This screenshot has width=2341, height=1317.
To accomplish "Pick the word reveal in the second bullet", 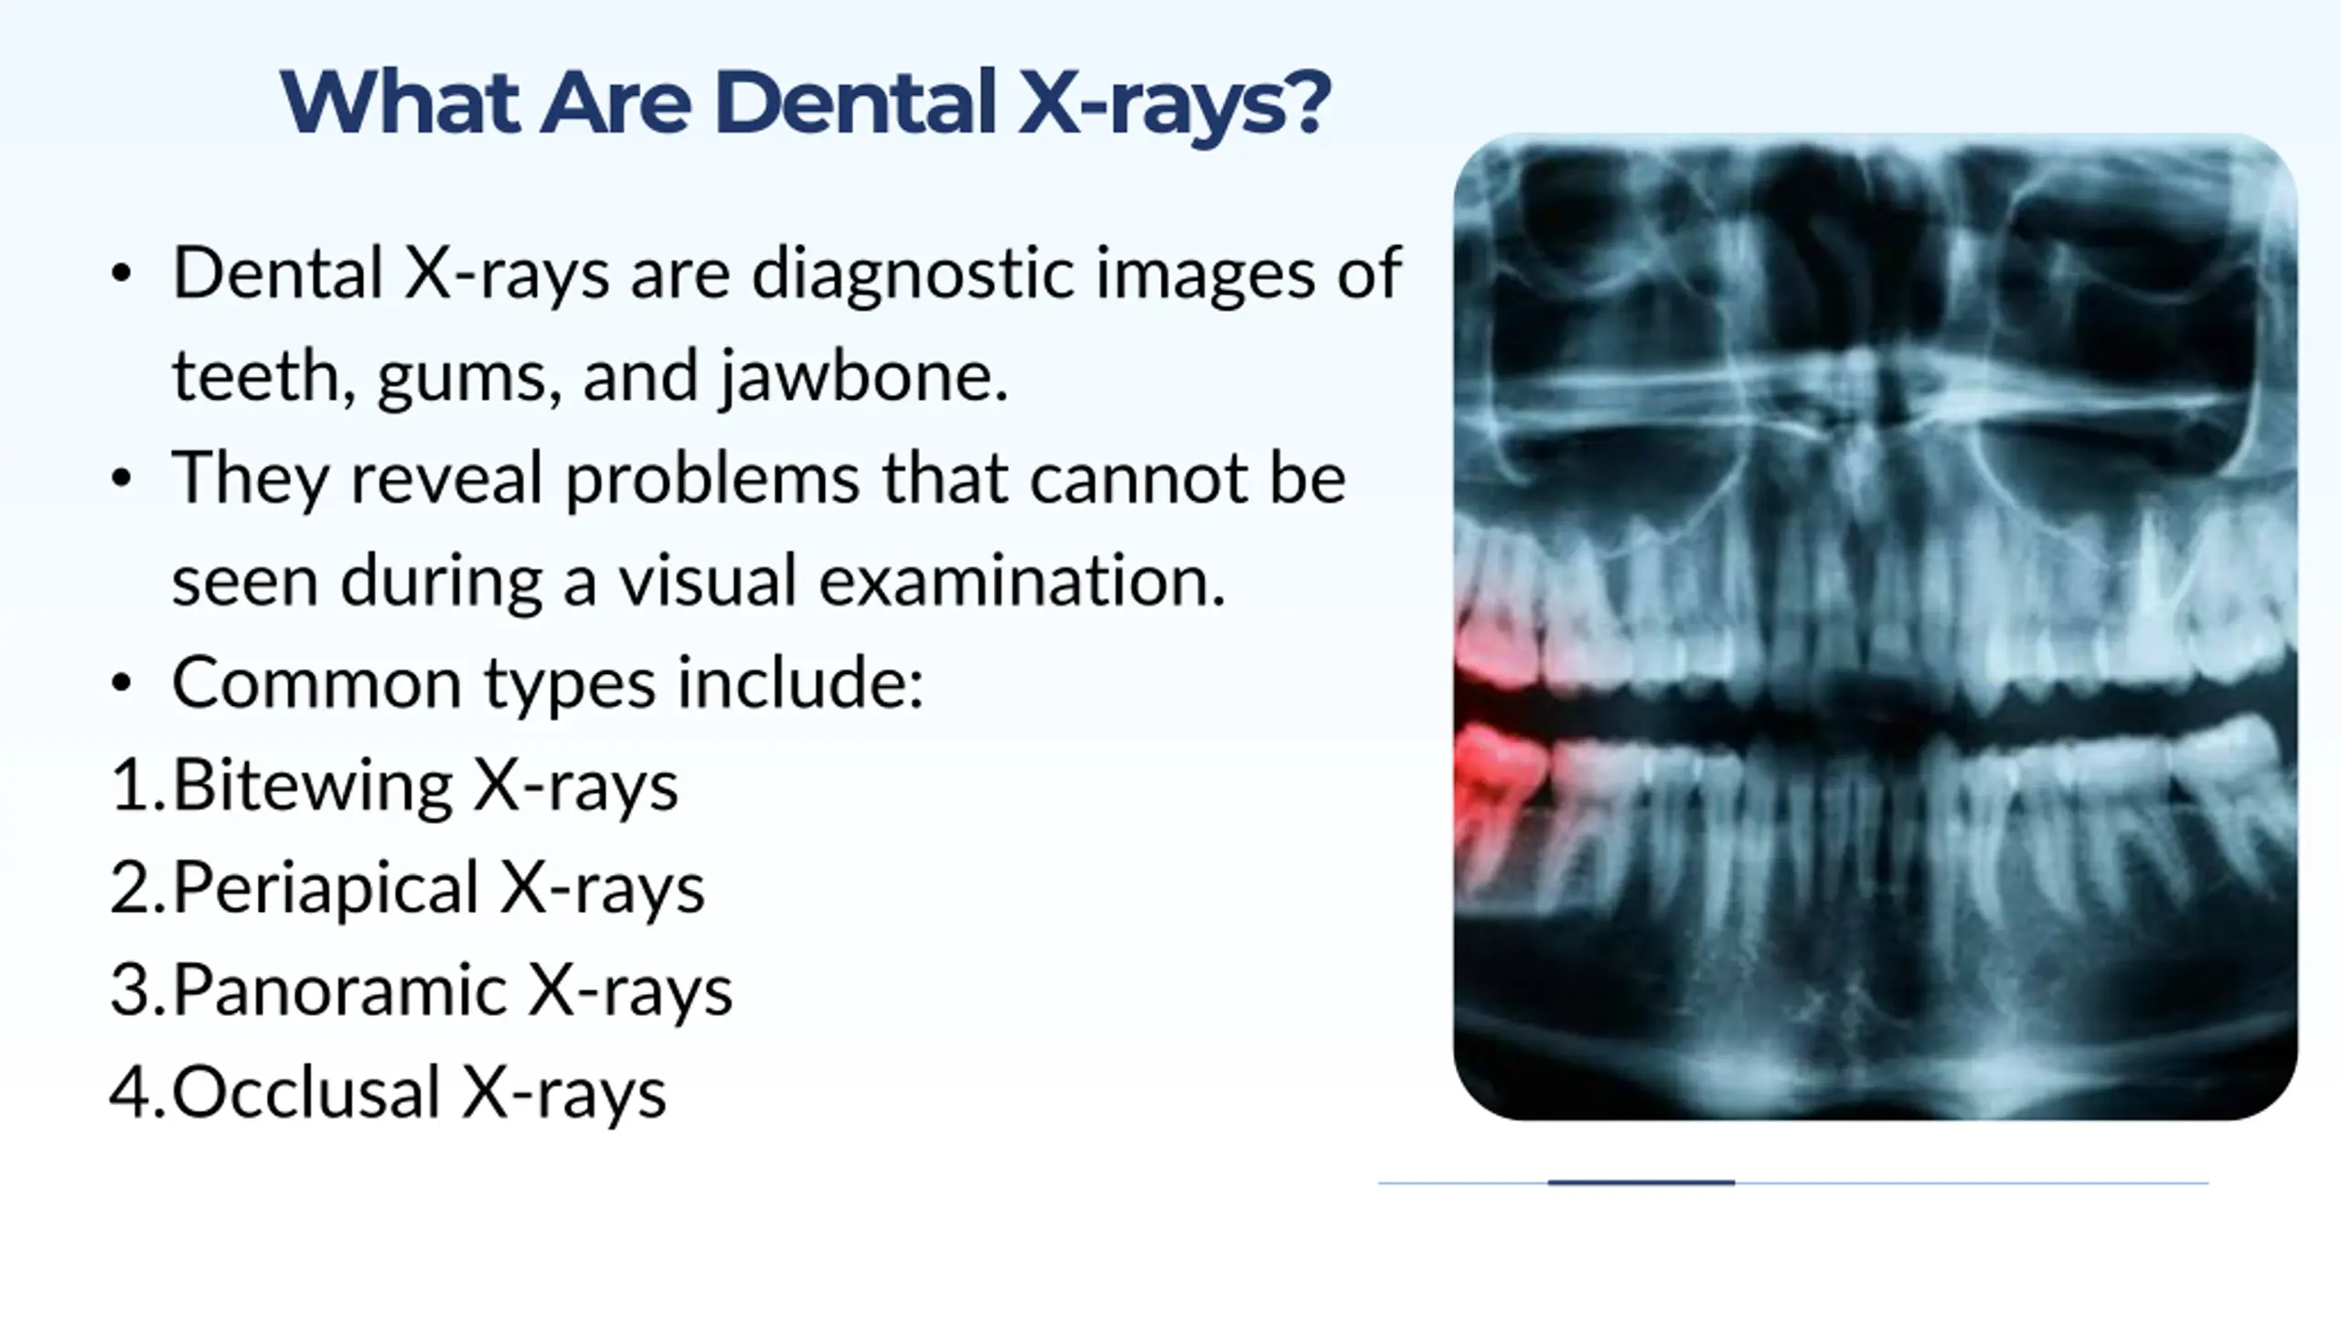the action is click(448, 479).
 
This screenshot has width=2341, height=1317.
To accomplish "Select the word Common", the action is click(316, 683).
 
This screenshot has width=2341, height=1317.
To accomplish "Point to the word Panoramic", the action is click(339, 990).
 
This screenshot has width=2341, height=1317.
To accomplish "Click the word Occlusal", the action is click(307, 1093).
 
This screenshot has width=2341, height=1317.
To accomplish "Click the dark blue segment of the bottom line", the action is click(1641, 1183).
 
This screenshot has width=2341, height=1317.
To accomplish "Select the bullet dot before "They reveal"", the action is click(122, 478).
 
